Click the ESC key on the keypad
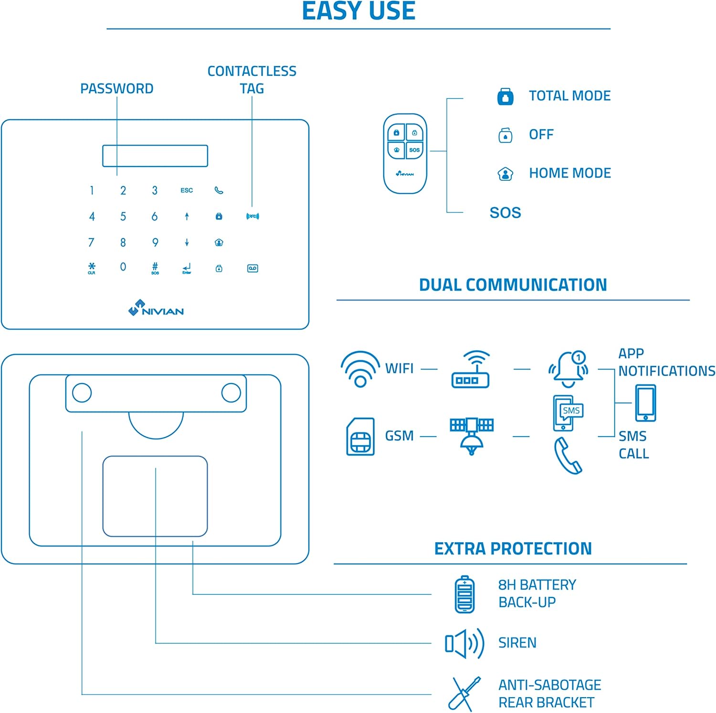coord(187,190)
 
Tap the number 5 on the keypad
coord(123,217)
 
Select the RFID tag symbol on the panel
coord(253,217)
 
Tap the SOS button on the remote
coord(414,150)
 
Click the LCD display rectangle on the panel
coord(155,156)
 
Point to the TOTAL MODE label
coord(569,96)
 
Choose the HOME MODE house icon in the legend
coord(505,174)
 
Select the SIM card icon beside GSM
coord(360,437)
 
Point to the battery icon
coord(464,594)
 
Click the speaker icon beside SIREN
coord(464,643)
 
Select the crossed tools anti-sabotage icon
coord(464,693)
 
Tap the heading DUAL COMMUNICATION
coord(513,285)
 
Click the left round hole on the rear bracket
coord(82,393)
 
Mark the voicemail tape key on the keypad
coord(253,268)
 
